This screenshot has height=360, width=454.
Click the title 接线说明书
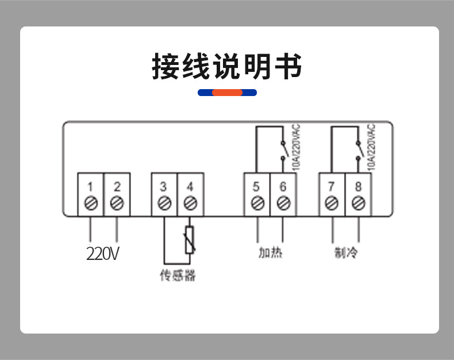click(227, 66)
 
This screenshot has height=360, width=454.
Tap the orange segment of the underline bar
click(228, 93)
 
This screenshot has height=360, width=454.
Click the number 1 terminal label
click(90, 187)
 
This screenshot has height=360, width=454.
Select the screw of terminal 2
click(117, 203)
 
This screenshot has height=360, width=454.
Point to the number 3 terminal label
click(163, 187)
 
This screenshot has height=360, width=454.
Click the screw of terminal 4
click(191, 203)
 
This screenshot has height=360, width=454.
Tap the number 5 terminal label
click(256, 187)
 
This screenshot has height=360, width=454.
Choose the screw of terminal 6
click(283, 203)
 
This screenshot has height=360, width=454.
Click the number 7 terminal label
click(331, 187)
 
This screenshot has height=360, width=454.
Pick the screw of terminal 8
click(359, 203)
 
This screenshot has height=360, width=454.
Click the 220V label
click(102, 254)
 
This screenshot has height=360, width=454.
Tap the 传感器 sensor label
click(178, 275)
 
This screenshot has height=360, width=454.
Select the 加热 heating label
click(271, 252)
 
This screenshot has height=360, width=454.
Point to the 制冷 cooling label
click(346, 252)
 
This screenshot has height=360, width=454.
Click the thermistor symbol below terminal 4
click(190, 240)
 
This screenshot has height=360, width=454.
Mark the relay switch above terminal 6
click(284, 151)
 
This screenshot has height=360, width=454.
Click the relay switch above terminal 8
click(359, 151)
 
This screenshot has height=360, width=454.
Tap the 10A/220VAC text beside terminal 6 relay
click(296, 147)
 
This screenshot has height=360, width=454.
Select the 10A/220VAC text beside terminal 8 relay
click(371, 147)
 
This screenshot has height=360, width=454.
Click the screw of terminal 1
click(91, 203)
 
